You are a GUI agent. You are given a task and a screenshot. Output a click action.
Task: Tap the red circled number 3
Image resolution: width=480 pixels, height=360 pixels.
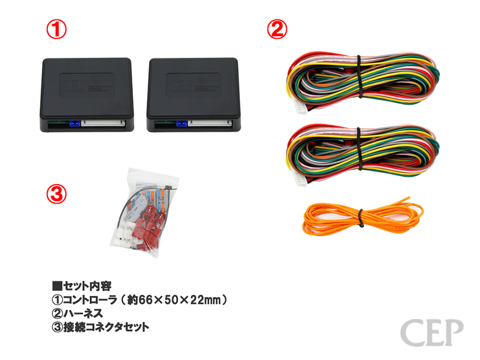(56, 194)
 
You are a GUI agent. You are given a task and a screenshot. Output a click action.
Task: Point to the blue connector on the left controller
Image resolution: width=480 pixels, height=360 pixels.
(74, 123)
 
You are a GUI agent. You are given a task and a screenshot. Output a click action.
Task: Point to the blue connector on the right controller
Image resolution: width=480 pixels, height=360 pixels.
(182, 123)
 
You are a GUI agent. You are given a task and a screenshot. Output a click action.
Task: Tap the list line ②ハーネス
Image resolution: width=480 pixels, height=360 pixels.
(76, 314)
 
